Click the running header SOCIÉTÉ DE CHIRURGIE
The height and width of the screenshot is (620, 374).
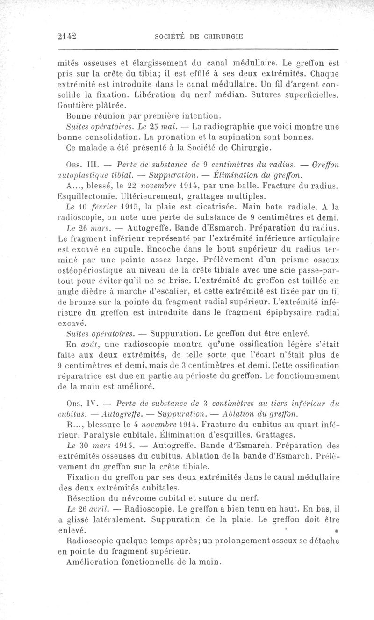point(198,36)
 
